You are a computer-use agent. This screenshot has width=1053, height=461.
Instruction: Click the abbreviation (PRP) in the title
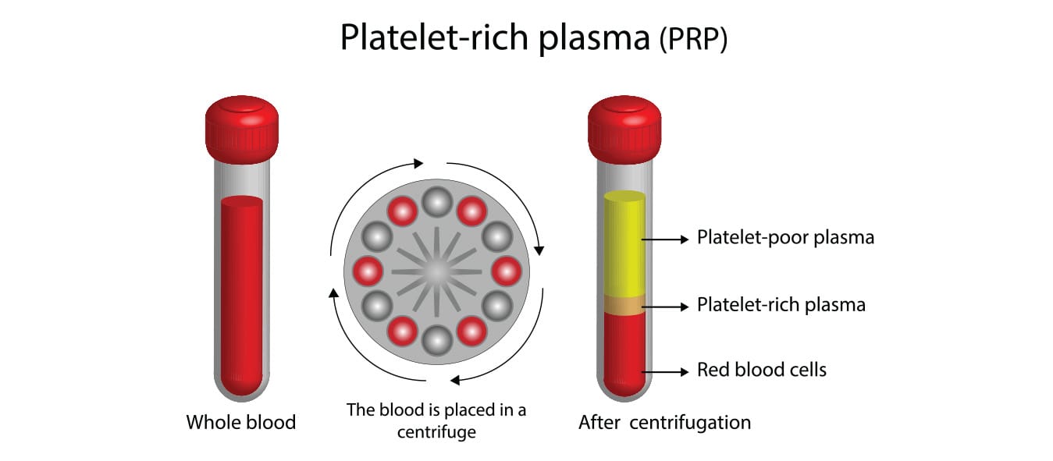(x=693, y=40)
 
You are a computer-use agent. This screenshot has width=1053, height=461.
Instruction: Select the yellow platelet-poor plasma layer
(x=624, y=242)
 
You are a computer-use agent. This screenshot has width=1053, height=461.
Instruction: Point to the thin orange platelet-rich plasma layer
(x=624, y=305)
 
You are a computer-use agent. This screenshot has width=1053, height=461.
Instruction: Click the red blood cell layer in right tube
(x=624, y=351)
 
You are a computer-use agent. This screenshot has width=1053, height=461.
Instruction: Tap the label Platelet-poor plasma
(x=785, y=238)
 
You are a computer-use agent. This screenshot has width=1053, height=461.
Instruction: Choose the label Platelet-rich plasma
(x=781, y=304)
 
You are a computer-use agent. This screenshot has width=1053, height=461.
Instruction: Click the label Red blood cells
(x=761, y=369)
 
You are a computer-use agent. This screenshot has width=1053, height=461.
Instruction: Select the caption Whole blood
(x=241, y=423)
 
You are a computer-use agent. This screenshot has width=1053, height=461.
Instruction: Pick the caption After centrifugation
(x=664, y=423)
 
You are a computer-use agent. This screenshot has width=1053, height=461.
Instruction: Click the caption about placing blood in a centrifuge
(x=436, y=420)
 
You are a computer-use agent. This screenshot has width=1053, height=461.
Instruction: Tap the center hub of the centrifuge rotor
(x=437, y=271)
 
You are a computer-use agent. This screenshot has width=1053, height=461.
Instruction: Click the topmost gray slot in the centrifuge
(x=437, y=202)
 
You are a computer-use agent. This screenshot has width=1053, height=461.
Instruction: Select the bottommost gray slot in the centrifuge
(x=437, y=340)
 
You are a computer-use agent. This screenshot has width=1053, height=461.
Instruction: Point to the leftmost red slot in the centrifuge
(x=368, y=271)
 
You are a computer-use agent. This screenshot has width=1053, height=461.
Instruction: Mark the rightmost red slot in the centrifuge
(x=506, y=271)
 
